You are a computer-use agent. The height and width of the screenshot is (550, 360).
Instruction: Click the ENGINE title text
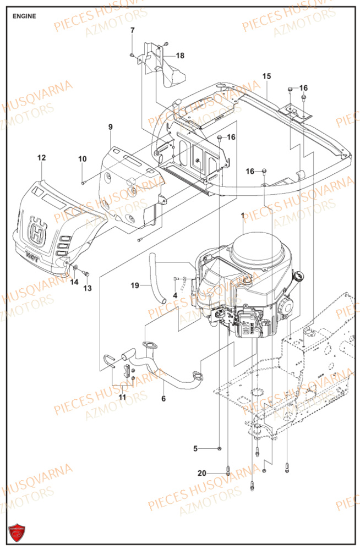[25, 16]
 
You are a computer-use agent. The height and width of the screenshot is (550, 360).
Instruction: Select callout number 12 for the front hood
[41, 158]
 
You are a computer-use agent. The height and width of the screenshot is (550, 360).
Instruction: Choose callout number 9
[110, 127]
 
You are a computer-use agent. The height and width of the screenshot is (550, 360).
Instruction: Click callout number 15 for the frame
[266, 76]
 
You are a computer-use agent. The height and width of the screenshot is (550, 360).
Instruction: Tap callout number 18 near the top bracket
[181, 56]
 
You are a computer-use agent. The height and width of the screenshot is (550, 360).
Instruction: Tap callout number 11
[122, 397]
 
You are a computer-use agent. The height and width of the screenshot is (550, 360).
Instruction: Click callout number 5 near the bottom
[195, 448]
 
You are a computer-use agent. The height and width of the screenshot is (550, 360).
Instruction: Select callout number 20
[202, 473]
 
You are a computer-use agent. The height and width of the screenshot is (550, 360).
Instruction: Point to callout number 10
[82, 159]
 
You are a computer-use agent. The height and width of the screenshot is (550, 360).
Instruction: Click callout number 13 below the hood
[88, 288]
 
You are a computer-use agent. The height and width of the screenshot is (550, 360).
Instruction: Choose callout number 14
[73, 282]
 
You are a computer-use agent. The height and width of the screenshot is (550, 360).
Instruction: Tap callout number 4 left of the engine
[175, 295]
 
